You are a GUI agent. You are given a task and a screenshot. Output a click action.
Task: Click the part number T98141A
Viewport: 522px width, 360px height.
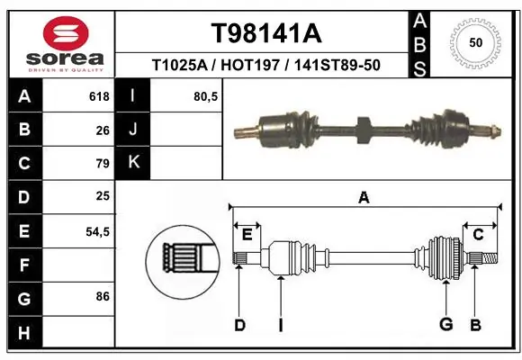coord(265,33)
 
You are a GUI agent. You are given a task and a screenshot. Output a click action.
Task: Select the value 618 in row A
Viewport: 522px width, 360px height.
coord(98,96)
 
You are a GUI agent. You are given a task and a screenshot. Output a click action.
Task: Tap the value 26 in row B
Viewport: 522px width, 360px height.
coord(103,130)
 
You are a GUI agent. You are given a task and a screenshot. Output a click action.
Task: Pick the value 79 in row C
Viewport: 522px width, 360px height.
coord(103,164)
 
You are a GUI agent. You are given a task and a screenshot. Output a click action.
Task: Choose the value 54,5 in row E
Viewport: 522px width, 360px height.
coord(97,231)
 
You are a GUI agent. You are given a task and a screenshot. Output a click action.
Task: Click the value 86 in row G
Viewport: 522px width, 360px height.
coord(103,294)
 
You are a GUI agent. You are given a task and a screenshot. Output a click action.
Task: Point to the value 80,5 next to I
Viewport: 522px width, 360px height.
coord(206,96)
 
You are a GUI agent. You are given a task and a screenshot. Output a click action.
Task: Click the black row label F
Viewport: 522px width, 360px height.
coord(23,265)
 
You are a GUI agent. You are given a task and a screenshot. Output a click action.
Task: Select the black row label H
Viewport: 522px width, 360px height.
coord(23,333)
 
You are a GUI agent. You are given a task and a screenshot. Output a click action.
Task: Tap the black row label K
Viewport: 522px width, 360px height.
coord(133,163)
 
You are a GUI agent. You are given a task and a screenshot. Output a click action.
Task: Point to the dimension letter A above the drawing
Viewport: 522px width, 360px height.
coord(364,197)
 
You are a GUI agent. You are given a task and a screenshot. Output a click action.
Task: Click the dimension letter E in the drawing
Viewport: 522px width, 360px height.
coord(247,235)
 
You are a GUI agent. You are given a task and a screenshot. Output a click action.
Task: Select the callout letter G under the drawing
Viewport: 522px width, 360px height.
coord(444,325)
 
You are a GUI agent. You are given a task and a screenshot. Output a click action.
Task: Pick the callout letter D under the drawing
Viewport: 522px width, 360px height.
coord(239,325)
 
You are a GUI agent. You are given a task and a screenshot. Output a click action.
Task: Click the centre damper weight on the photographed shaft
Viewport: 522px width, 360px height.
coord(362,130)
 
